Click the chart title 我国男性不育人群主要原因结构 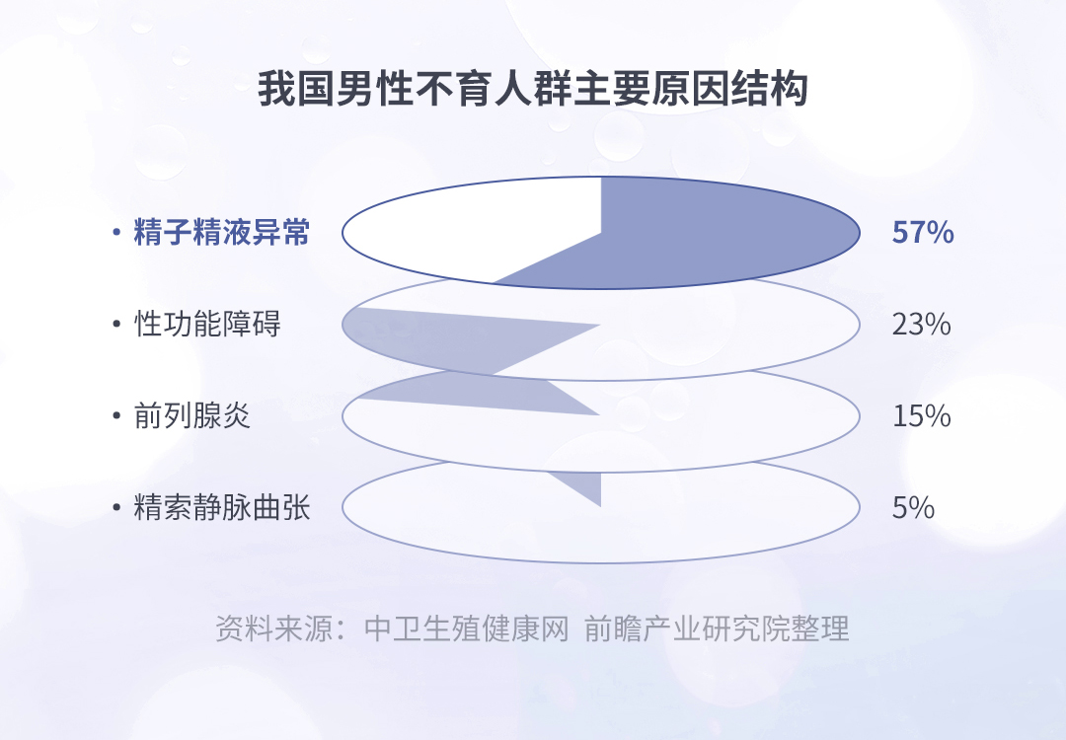(532, 89)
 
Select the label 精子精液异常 (222, 233)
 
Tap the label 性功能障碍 (207, 325)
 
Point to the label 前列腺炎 (192, 415)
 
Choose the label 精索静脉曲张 (222, 507)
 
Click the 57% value (923, 233)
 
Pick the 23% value (921, 325)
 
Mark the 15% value (921, 415)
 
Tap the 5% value (913, 507)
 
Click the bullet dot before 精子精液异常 (116, 233)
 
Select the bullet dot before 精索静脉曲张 (116, 507)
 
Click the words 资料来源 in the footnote (274, 629)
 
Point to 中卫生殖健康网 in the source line (466, 629)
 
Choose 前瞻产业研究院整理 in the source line (717, 629)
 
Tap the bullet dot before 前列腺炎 (116, 415)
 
